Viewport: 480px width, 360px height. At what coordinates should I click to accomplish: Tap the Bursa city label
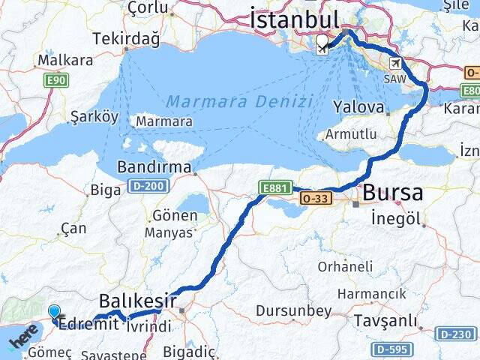[x=392, y=193]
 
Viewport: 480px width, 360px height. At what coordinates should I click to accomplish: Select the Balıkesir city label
[x=139, y=302]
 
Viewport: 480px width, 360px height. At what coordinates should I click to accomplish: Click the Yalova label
[x=358, y=106]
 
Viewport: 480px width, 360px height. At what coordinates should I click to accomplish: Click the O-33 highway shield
[x=314, y=199]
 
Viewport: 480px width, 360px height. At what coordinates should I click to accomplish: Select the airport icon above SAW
[x=395, y=64]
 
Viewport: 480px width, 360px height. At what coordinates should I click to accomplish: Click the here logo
[x=22, y=337]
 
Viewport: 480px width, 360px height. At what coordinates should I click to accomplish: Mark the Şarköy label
[x=94, y=116]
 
